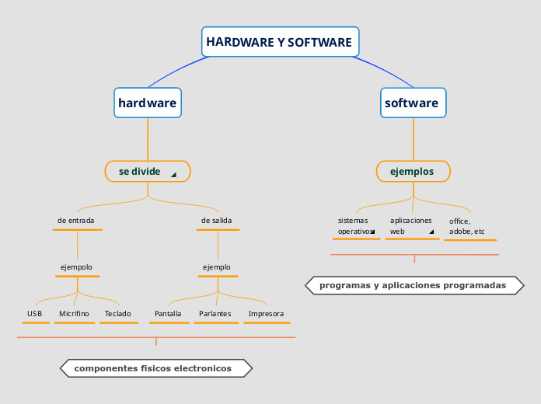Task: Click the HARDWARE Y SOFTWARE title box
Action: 280,42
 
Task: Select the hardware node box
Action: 148,103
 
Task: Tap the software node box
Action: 412,103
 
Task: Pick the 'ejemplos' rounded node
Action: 413,171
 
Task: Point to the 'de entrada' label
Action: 76,221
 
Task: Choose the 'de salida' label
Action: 216,221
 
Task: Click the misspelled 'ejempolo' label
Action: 76,267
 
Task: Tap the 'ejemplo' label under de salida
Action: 216,267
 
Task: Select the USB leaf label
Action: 34,314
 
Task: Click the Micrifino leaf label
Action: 74,314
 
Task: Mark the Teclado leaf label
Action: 118,314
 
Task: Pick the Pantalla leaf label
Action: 168,314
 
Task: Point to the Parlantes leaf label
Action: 215,314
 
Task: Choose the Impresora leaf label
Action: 266,314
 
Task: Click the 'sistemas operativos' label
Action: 354,226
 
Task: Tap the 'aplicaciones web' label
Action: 410,226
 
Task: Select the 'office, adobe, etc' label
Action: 467,226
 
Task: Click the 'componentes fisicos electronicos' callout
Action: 156,368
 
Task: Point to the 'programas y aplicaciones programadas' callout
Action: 413,286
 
